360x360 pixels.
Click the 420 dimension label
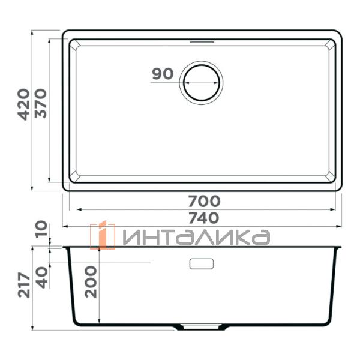click(23, 104)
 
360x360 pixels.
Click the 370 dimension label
click(40, 104)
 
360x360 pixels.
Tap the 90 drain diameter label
click(162, 74)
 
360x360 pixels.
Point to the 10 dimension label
click(40, 229)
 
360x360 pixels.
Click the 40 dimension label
click(40, 278)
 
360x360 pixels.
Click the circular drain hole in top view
click(202, 82)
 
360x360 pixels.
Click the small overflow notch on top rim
click(202, 43)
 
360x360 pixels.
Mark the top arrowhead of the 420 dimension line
click(32, 31)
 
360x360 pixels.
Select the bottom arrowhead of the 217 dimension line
click(32, 329)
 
